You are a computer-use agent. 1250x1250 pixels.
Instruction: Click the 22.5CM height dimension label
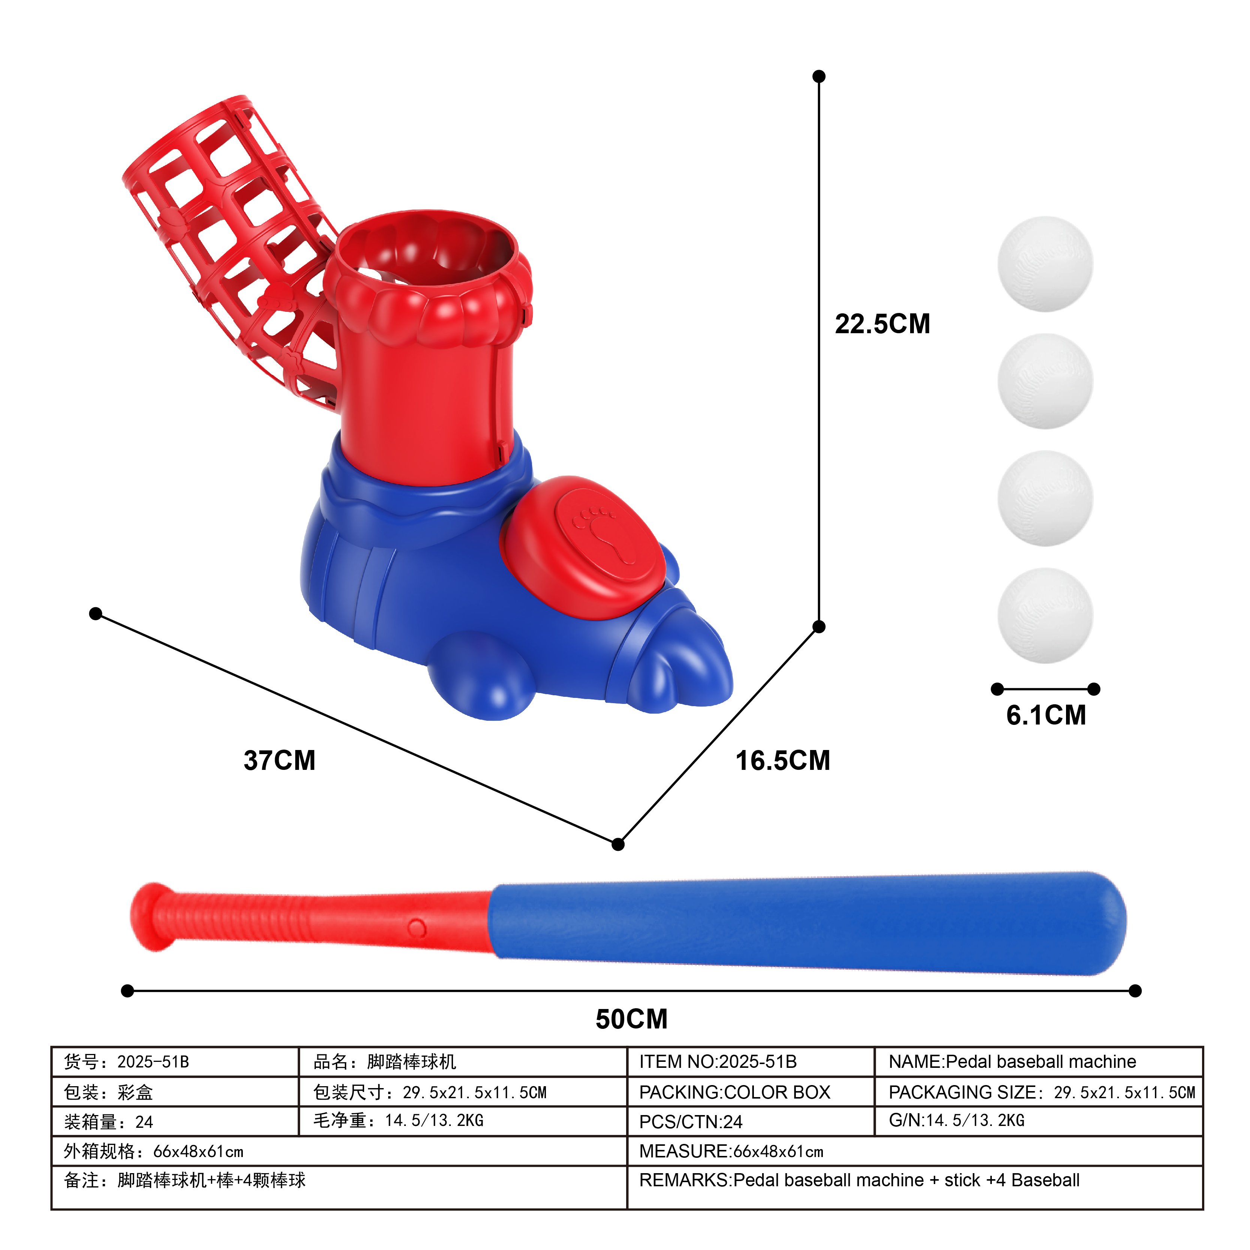pyautogui.click(x=882, y=324)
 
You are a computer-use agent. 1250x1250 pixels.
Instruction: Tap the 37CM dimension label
pyautogui.click(x=280, y=760)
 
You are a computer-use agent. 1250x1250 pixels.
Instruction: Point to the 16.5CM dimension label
pyautogui.click(x=783, y=760)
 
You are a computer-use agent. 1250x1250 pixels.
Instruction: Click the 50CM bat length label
pyautogui.click(x=631, y=1019)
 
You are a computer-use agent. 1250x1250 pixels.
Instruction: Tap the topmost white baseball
pyautogui.click(x=1045, y=264)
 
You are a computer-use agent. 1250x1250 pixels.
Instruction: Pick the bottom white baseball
pyautogui.click(x=1045, y=615)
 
